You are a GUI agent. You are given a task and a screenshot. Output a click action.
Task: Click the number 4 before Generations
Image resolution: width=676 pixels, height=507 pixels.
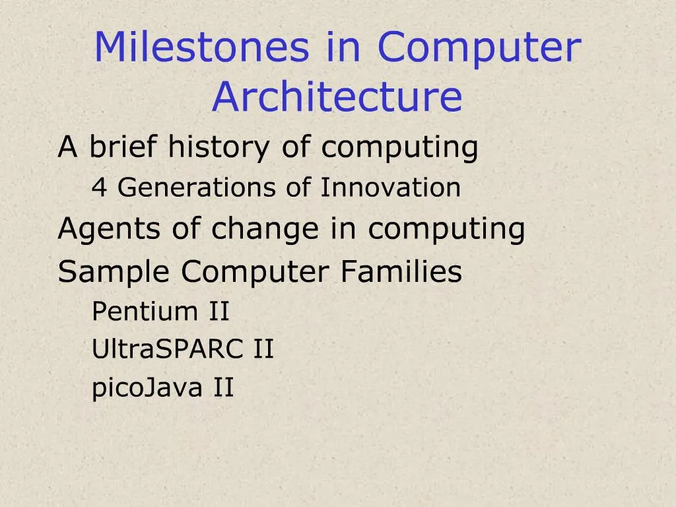pyautogui.click(x=99, y=188)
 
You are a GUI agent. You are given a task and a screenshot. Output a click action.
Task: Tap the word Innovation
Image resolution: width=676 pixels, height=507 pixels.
pyautogui.click(x=390, y=188)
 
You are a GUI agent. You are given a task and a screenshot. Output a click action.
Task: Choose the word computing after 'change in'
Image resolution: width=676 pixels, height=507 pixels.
pyautogui.click(x=446, y=230)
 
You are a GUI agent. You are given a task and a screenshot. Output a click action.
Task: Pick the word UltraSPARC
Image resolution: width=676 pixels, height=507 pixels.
pyautogui.click(x=168, y=349)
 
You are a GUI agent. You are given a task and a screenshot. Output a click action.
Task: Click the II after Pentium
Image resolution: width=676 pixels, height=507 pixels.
pyautogui.click(x=219, y=311)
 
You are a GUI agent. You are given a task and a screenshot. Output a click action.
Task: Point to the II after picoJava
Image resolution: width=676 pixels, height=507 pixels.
pyautogui.click(x=223, y=388)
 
